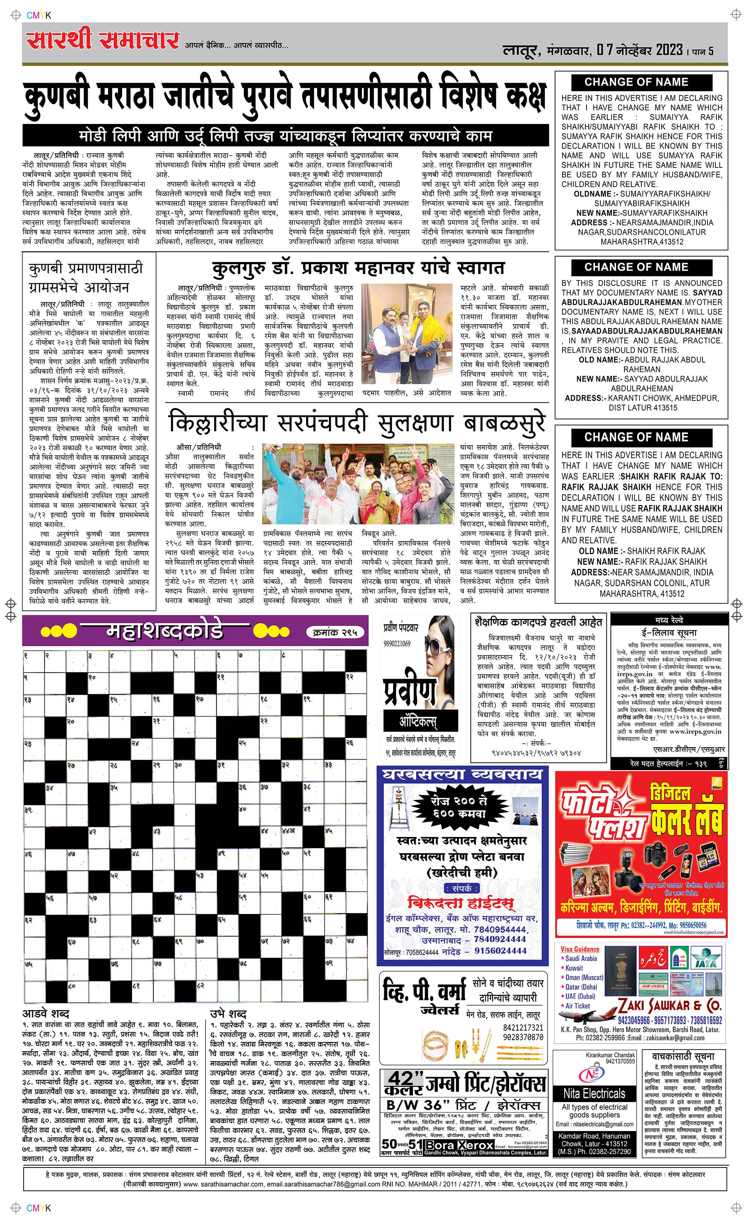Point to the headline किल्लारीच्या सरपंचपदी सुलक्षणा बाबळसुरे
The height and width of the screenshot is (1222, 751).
point(357,423)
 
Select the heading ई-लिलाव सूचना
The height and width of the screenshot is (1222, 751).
point(668,632)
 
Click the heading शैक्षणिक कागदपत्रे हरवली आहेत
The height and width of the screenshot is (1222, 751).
point(538,622)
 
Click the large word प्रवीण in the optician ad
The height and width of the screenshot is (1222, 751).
point(410,691)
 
